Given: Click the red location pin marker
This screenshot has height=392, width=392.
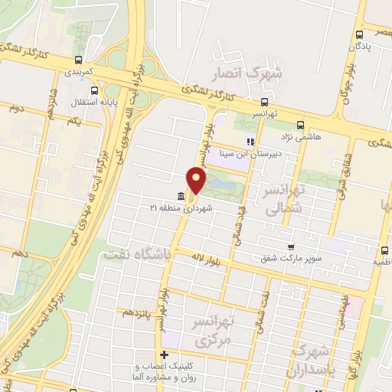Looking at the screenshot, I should pos(197,181).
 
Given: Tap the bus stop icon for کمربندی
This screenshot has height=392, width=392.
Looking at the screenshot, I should pos(77,60).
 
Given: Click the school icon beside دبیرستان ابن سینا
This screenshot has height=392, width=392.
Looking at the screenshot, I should pos(249,142).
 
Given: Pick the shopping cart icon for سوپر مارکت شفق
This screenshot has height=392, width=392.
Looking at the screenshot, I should pos(290,247).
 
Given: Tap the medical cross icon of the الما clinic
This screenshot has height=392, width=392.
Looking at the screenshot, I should pos(164,354).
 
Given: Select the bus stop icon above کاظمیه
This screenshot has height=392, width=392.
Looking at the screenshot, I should pos(384,250).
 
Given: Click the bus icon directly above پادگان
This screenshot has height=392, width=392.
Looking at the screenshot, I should pos(359,34).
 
